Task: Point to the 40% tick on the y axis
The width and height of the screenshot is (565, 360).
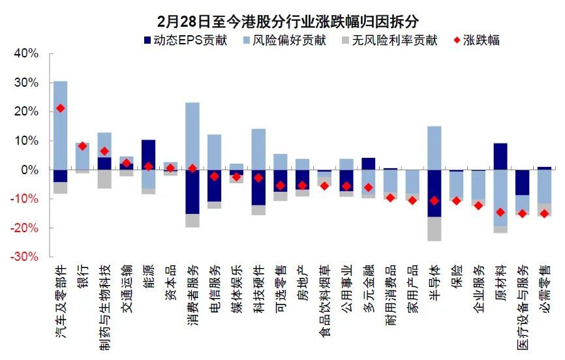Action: (27, 53)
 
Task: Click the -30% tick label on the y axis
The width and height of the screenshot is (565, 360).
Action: (25, 257)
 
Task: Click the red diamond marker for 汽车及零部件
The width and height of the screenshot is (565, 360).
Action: (60, 108)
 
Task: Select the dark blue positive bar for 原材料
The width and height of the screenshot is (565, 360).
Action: (500, 157)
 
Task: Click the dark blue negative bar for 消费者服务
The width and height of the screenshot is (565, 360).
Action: (192, 191)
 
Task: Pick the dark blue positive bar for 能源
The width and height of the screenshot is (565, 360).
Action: (148, 155)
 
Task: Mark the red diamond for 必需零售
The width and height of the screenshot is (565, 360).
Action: (543, 213)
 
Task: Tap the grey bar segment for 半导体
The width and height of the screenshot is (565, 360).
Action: (433, 229)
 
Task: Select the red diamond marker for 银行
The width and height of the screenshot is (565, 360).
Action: (82, 146)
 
